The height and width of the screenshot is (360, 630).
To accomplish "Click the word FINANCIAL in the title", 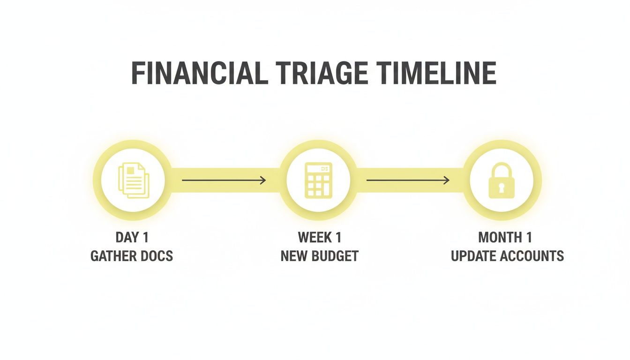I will click(x=198, y=73).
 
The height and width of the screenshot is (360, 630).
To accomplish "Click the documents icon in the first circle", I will click(x=134, y=180).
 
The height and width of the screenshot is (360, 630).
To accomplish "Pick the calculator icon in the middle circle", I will click(x=319, y=180).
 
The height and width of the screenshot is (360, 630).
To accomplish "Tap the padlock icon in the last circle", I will click(x=502, y=181).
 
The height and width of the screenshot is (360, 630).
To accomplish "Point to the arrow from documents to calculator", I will click(x=224, y=180).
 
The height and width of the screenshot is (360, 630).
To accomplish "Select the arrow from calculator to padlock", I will click(x=408, y=180).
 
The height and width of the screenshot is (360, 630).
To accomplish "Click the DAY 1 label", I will click(x=132, y=238).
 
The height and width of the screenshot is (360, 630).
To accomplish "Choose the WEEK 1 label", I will click(x=319, y=238).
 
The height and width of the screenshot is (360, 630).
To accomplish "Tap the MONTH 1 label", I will click(x=505, y=238).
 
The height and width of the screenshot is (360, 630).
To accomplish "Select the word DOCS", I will click(x=157, y=256).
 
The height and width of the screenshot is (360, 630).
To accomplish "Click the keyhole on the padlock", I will click(x=502, y=188).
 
